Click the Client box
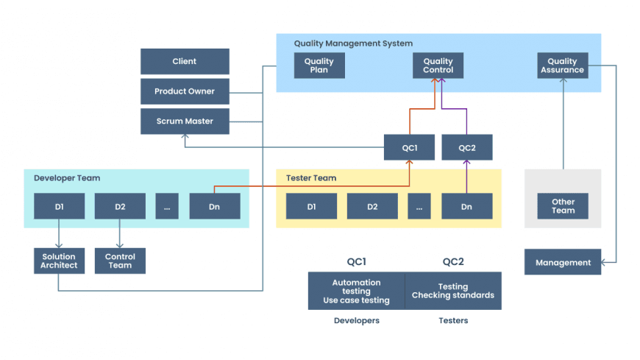185,61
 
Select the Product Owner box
185,91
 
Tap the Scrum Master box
185,121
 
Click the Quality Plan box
319,66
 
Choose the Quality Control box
438,66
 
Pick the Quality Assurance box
563,66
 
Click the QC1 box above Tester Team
409,147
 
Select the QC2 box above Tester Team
467,147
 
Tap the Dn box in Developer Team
214,207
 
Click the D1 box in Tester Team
311,207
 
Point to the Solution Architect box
59,261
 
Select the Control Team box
120,261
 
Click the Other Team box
563,206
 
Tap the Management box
563,262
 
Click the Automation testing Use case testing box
356,291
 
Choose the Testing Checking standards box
453,291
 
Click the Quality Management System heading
353,43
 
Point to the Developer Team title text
67,178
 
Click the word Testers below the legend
453,321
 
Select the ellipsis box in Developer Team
167,207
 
